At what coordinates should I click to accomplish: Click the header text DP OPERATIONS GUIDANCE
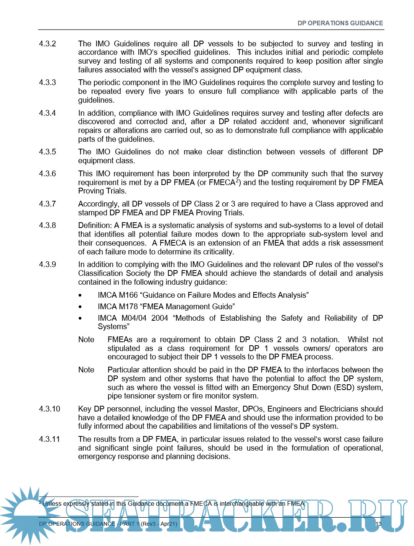tap(340, 23)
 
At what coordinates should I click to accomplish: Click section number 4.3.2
tap(47, 44)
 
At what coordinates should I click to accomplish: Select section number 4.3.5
tap(47, 152)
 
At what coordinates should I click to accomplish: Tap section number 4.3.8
tap(47, 225)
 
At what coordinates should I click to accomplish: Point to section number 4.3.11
tap(49, 439)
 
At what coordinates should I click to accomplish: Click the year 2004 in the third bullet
tap(159, 318)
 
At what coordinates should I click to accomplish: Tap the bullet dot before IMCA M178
tap(80, 307)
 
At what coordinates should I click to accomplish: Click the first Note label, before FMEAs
tap(86, 339)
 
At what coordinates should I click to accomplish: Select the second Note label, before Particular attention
tap(86, 370)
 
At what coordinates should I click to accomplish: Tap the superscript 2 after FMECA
tap(237, 180)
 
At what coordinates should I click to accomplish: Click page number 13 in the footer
tap(378, 524)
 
